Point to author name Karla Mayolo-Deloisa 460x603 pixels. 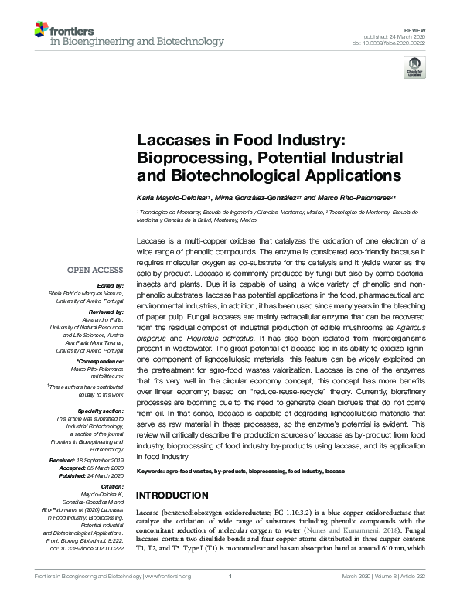pyautogui.click(x=168, y=199)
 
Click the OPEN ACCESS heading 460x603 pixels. pyautogui.click(x=96, y=270)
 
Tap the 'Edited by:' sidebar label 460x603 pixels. pyautogui.click(x=109, y=285)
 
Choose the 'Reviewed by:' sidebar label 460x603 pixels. pyautogui.click(x=105, y=309)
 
